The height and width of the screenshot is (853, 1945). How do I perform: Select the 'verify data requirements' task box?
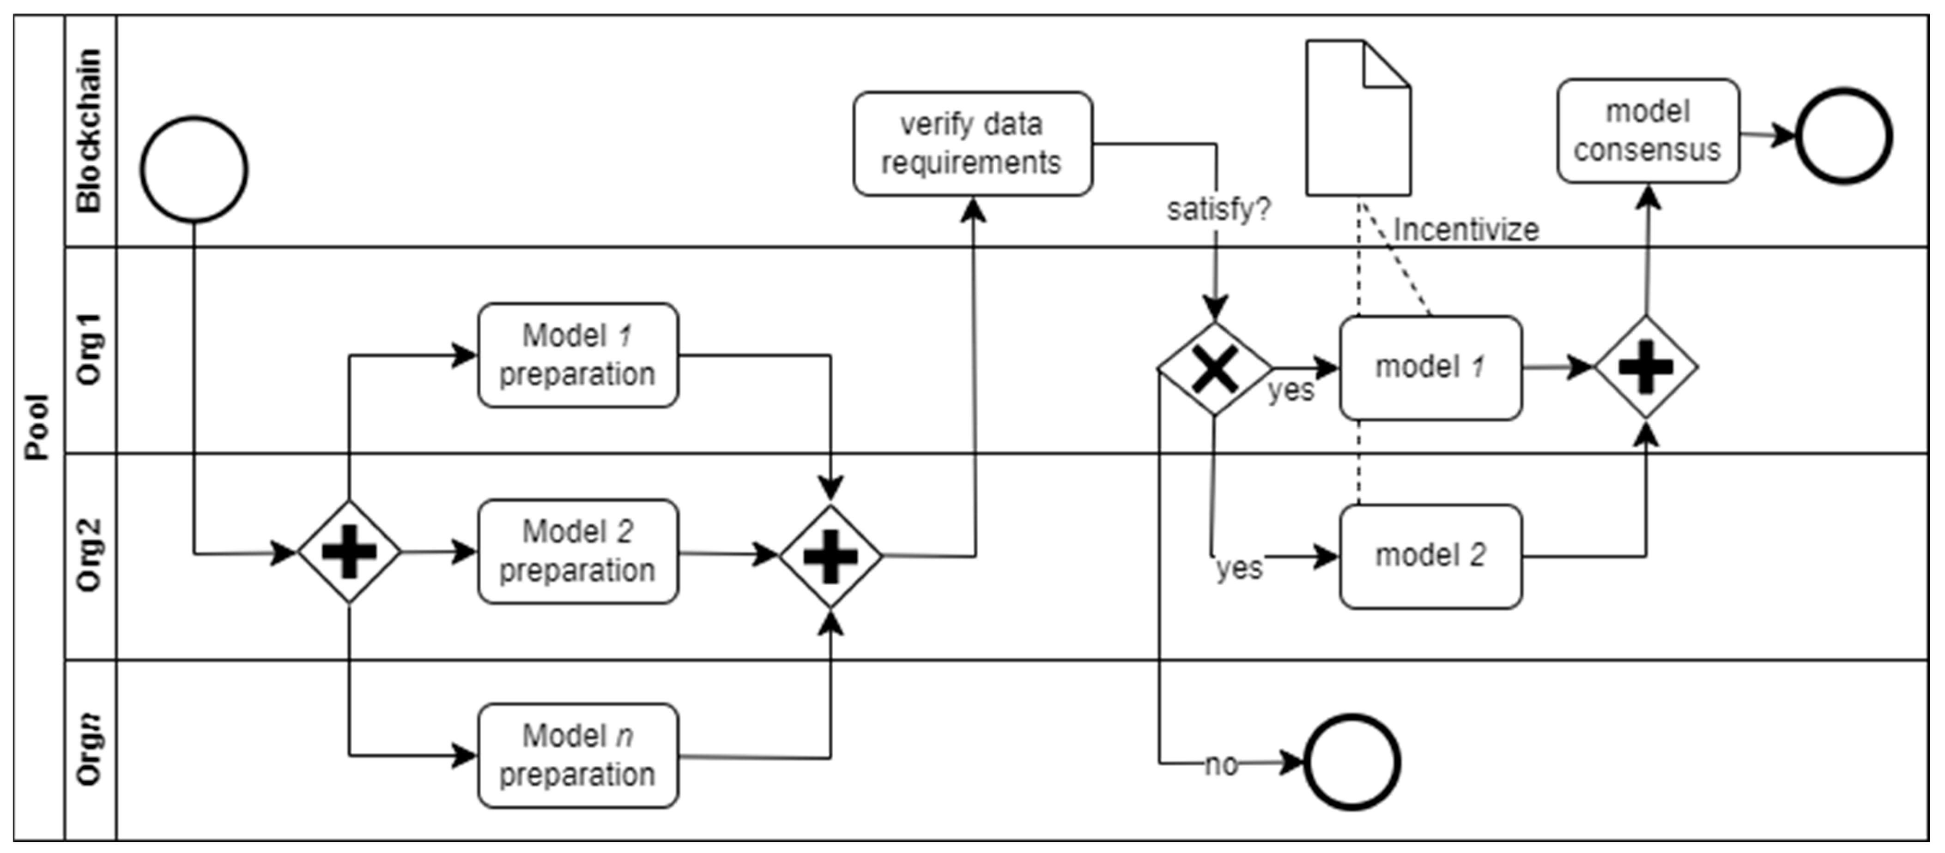(973, 144)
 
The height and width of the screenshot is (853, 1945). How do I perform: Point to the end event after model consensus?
(1844, 136)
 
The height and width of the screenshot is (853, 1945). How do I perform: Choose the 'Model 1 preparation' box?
(578, 355)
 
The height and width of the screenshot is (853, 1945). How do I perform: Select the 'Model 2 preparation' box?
(578, 552)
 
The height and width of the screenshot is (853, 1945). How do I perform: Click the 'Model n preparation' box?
(578, 756)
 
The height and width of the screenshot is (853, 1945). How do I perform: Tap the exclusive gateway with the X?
(1214, 368)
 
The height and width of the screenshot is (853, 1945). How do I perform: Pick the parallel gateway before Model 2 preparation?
(349, 552)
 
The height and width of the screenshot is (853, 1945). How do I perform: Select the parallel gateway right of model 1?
(1646, 367)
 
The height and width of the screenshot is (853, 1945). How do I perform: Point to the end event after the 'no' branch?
(1352, 763)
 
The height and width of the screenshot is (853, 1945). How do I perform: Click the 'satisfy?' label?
(1218, 209)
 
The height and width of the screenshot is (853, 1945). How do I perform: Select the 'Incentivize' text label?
(1466, 229)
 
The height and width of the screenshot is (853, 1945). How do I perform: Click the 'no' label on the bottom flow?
(1221, 765)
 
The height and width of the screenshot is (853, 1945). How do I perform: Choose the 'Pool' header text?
(37, 427)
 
